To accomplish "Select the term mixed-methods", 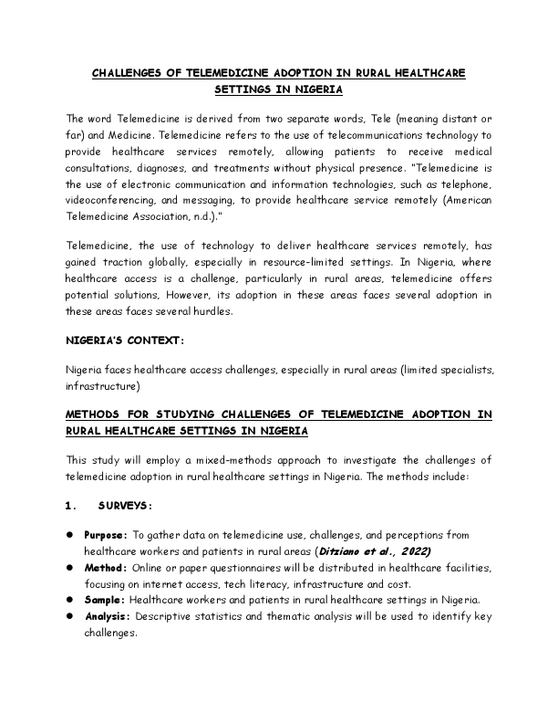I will tap(226, 459).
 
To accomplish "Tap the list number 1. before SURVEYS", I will tap(71, 506).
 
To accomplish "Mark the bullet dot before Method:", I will tap(69, 568).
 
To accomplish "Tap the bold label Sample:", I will tap(106, 600).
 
